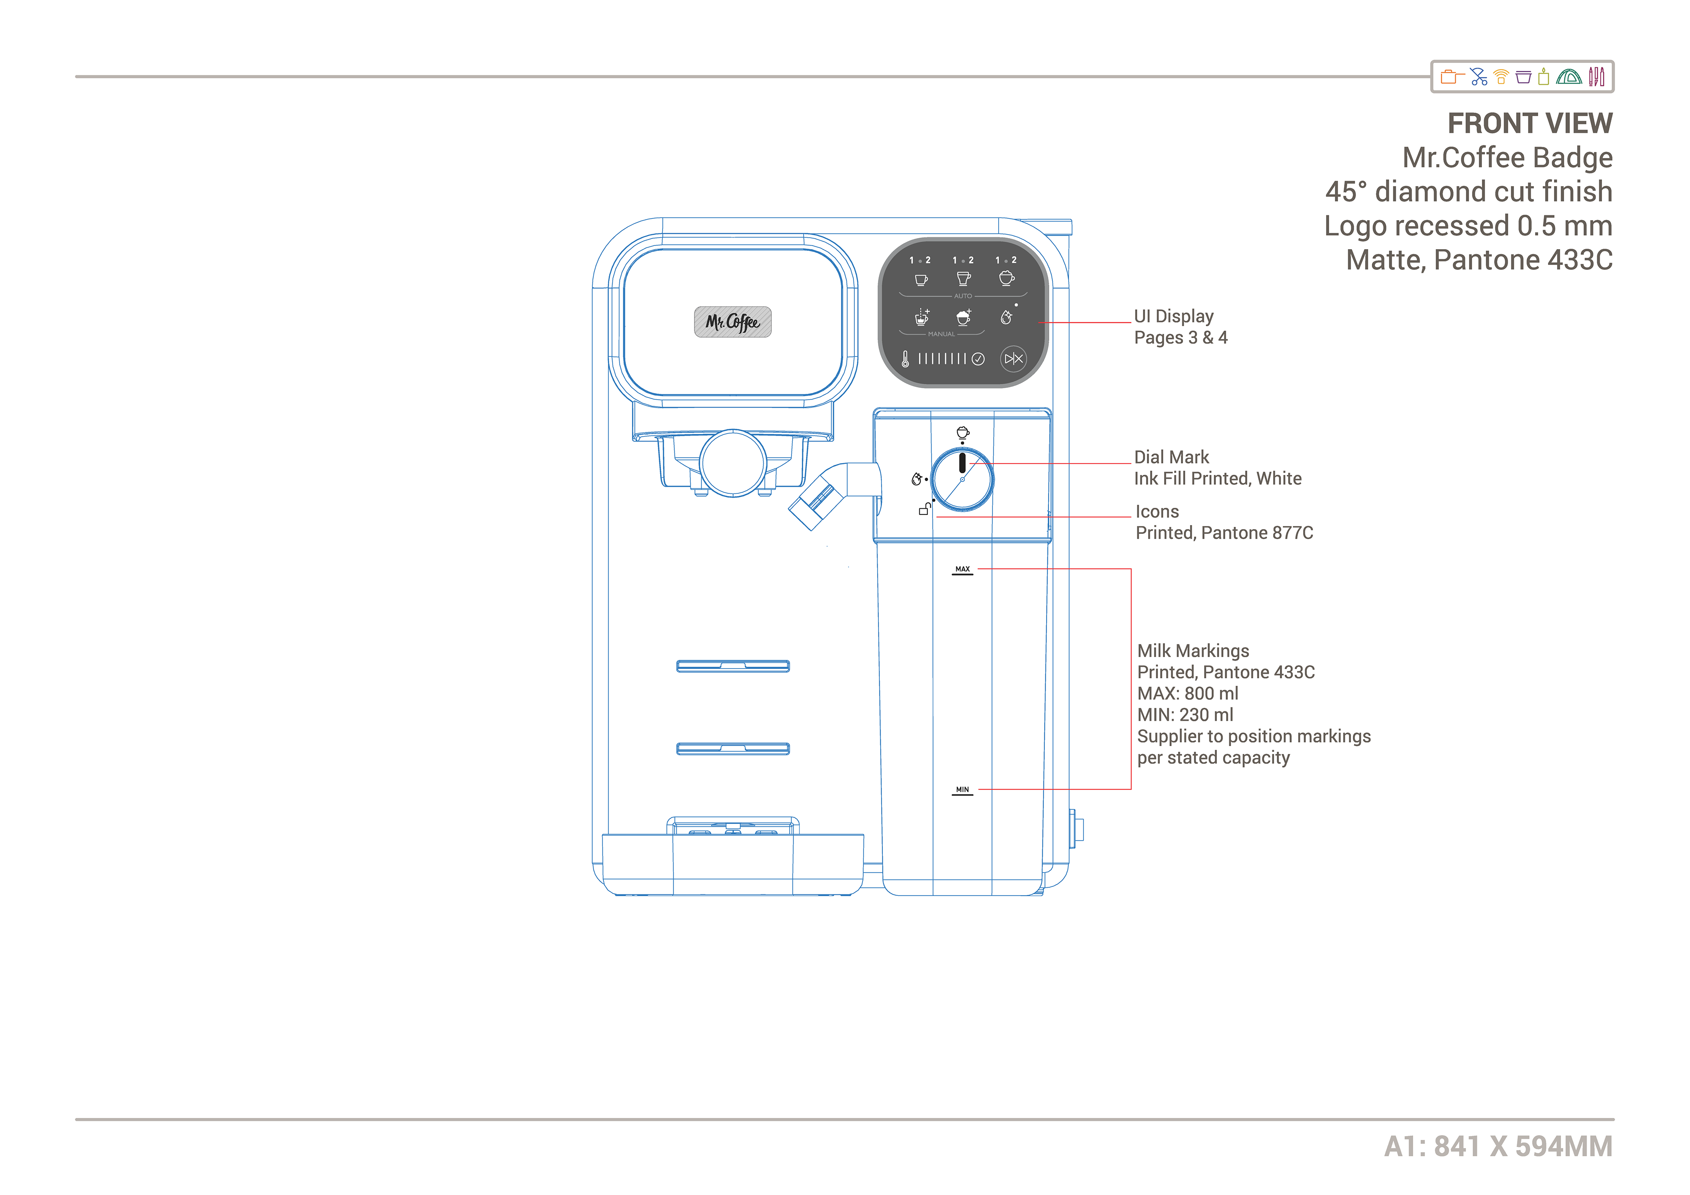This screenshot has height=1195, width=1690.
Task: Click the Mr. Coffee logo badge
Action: (x=732, y=322)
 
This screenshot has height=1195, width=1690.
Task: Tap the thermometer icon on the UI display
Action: (x=905, y=359)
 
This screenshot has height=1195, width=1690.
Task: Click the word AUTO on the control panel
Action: (x=963, y=296)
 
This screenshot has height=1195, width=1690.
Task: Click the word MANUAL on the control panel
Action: (x=941, y=334)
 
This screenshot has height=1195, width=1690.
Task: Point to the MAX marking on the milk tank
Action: (x=962, y=569)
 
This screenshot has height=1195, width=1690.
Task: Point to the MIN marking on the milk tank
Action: (x=962, y=789)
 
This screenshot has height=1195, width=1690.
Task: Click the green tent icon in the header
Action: (x=1569, y=77)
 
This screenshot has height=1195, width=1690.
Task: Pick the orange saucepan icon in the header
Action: (x=1451, y=77)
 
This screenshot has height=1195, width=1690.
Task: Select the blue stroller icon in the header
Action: (x=1478, y=77)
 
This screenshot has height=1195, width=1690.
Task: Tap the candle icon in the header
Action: (x=1543, y=77)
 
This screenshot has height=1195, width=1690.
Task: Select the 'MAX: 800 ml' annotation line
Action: (x=1187, y=694)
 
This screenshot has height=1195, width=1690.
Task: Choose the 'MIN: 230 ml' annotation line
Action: (x=1185, y=715)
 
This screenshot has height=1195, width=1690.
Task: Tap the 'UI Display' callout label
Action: (x=1173, y=316)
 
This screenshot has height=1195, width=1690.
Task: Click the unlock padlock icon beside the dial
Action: (x=925, y=509)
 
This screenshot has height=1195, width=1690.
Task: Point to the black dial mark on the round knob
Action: (x=962, y=463)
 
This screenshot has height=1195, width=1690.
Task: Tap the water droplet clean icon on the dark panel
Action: (x=1006, y=317)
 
